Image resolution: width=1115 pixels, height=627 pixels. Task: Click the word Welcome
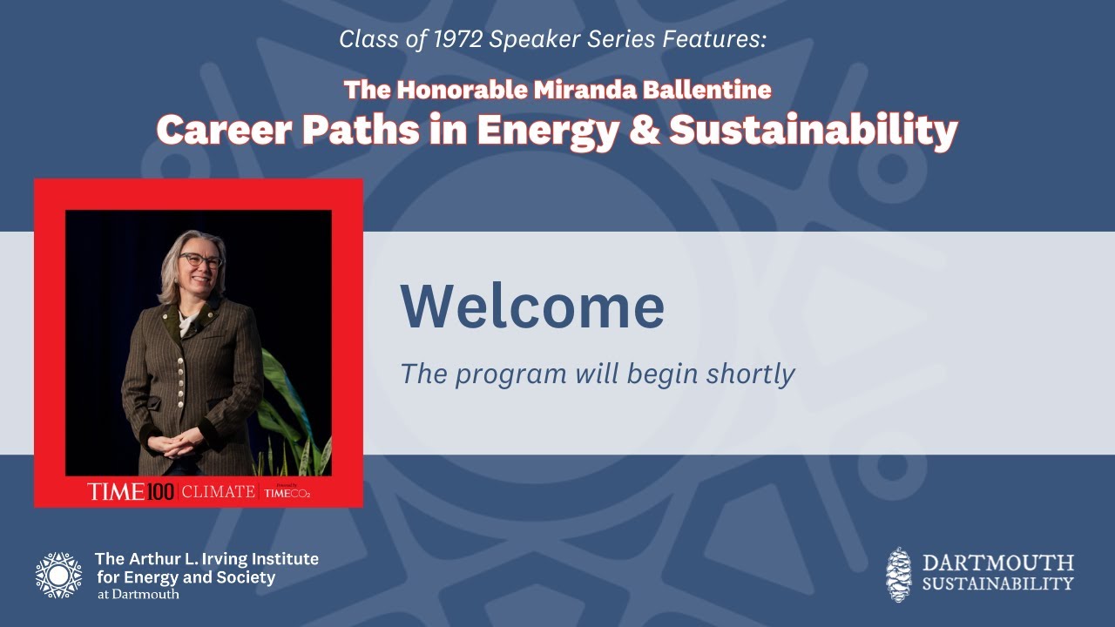pyautogui.click(x=532, y=306)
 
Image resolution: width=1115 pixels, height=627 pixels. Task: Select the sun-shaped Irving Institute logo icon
pyautogui.click(x=58, y=575)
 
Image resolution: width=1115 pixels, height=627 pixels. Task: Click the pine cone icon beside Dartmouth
pyautogui.click(x=898, y=574)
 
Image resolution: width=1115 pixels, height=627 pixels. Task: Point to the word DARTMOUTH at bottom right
pyautogui.click(x=997, y=563)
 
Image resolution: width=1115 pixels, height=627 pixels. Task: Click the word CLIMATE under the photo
pyautogui.click(x=218, y=492)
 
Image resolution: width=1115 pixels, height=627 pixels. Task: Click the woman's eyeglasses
pyautogui.click(x=201, y=260)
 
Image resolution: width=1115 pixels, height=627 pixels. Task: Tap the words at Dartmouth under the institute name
pyautogui.click(x=138, y=594)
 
